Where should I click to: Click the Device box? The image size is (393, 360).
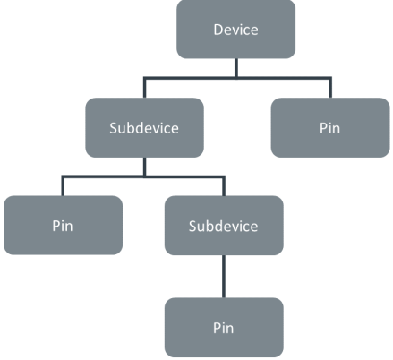(235, 29)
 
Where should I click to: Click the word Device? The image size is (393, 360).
(235, 30)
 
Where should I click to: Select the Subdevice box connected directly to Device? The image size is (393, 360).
(145, 127)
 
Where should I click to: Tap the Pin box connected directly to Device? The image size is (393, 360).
(330, 127)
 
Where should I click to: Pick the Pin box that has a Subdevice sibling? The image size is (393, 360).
(63, 226)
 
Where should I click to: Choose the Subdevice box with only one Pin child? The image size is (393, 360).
(224, 226)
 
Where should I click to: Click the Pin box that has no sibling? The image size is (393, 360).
(224, 328)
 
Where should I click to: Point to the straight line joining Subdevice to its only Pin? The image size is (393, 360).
(224, 277)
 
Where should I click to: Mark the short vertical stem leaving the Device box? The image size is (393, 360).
(236, 68)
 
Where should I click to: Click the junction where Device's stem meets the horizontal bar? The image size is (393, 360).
(236, 78)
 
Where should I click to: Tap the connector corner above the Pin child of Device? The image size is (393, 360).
(330, 78)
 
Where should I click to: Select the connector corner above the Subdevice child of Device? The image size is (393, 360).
(145, 78)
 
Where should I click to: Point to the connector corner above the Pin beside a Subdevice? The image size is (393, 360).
(63, 176)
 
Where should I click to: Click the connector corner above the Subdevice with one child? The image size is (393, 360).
(224, 176)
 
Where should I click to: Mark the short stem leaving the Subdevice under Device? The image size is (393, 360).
(145, 167)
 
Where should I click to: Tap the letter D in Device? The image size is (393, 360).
(218, 30)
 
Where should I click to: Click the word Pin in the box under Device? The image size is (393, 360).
(329, 128)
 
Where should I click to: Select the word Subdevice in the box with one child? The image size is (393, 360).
(223, 227)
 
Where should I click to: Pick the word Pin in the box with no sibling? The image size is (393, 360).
(223, 328)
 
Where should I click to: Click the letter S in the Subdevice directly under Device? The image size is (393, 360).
(113, 128)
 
